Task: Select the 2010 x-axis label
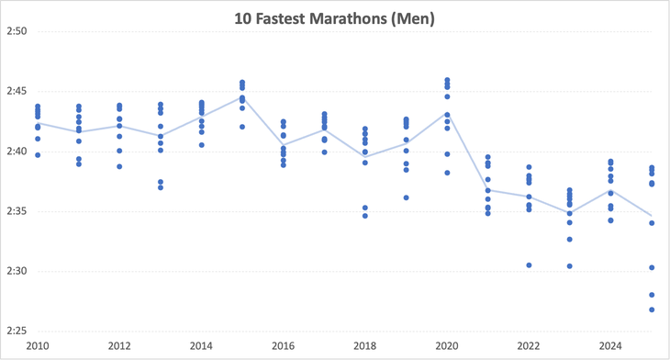[x=38, y=346]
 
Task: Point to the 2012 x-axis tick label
[x=119, y=346]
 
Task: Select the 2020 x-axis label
[x=447, y=346]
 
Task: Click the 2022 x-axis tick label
[x=529, y=346]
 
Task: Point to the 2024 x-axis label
[x=610, y=346]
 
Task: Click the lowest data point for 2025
[x=652, y=309]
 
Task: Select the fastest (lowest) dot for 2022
[x=529, y=264]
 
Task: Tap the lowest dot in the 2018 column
[x=365, y=216]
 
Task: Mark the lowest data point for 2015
[x=242, y=127]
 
